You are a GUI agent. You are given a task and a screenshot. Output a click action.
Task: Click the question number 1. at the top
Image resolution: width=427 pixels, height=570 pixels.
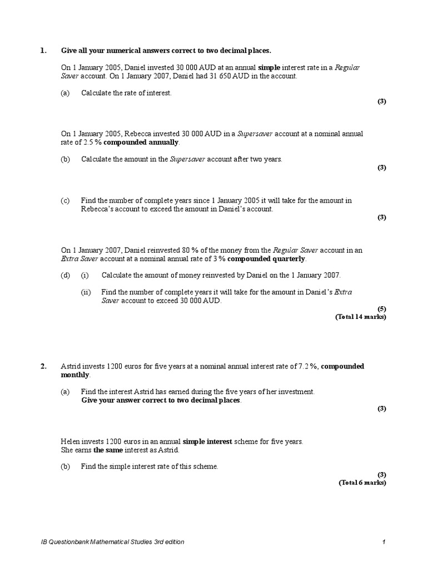pos(43,51)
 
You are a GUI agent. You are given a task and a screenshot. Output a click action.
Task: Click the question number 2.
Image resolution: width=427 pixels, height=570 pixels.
pos(43,366)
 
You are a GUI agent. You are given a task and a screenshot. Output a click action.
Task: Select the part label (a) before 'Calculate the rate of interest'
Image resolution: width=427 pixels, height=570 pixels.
pos(66,93)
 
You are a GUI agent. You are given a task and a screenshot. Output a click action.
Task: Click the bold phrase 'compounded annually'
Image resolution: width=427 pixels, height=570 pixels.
pos(141,142)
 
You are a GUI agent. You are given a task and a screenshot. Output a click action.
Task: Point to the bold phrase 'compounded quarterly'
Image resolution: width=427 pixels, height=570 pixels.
pos(266,259)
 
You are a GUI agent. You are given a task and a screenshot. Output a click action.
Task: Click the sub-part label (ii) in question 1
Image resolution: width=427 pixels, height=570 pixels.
pos(86,292)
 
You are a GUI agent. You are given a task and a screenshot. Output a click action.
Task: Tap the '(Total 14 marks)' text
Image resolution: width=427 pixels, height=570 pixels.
pos(360,317)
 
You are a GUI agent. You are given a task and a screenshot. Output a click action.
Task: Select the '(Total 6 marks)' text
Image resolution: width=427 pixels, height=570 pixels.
pos(363,483)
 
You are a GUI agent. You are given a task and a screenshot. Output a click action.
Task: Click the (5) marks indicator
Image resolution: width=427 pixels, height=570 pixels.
pos(381,308)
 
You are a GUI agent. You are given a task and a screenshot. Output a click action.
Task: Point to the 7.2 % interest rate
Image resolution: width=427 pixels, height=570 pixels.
pos(308,366)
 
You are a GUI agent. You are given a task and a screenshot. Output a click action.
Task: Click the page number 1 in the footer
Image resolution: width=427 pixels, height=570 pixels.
pos(384,542)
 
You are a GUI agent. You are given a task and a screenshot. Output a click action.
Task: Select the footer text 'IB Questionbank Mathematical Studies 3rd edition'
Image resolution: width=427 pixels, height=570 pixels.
pos(113,542)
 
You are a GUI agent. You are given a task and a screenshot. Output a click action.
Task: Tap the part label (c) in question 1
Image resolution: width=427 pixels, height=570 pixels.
pos(66,200)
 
